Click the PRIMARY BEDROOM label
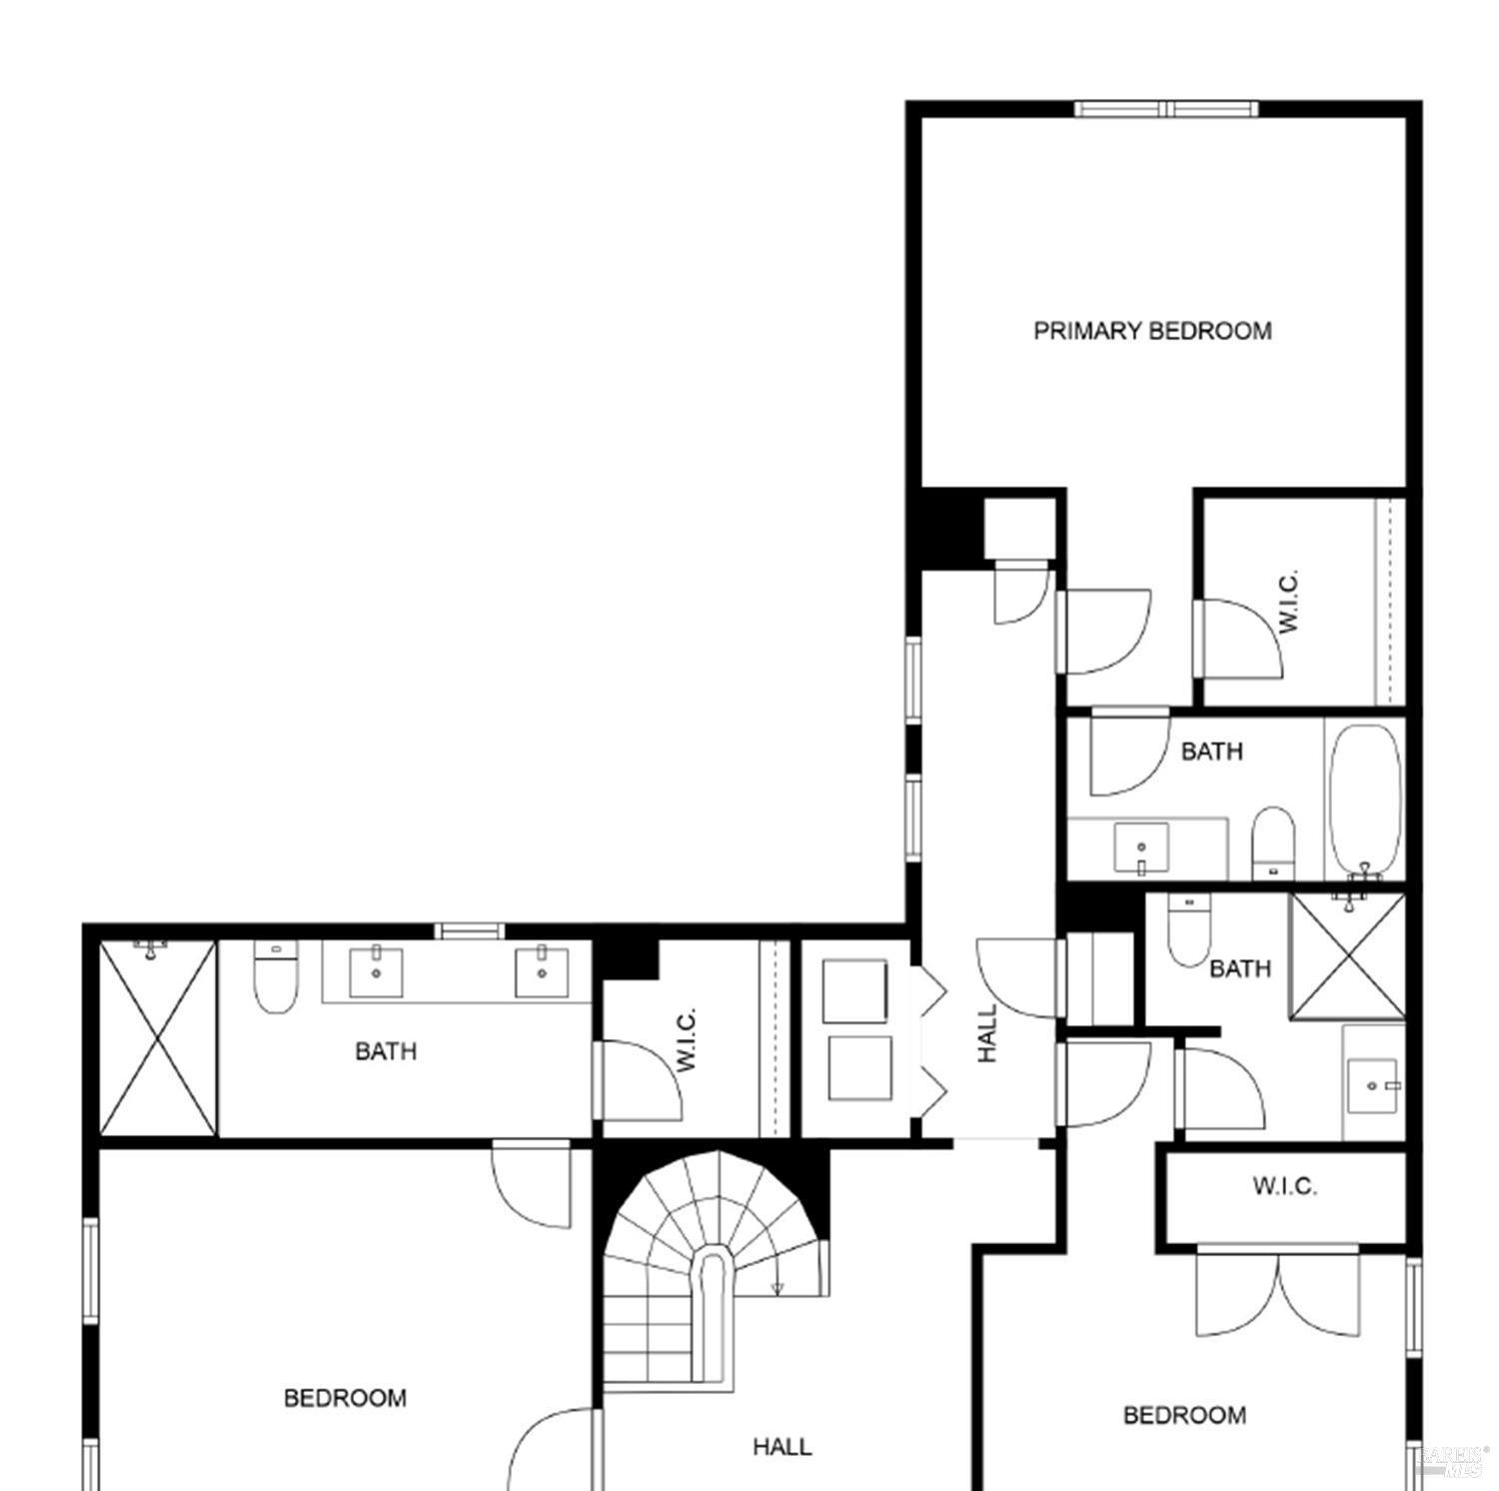1152,331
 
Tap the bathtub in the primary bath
1365,799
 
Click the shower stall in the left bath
158,1037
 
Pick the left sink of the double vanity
376,972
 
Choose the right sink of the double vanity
542,972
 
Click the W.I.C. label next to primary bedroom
1289,602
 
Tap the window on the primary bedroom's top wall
1166,109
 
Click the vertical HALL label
987,1033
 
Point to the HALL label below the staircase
781,1446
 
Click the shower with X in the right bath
1347,956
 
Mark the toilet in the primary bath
1273,839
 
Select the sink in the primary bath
1141,848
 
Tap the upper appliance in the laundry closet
854,990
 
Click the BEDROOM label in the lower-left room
345,1398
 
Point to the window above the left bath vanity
469,931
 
